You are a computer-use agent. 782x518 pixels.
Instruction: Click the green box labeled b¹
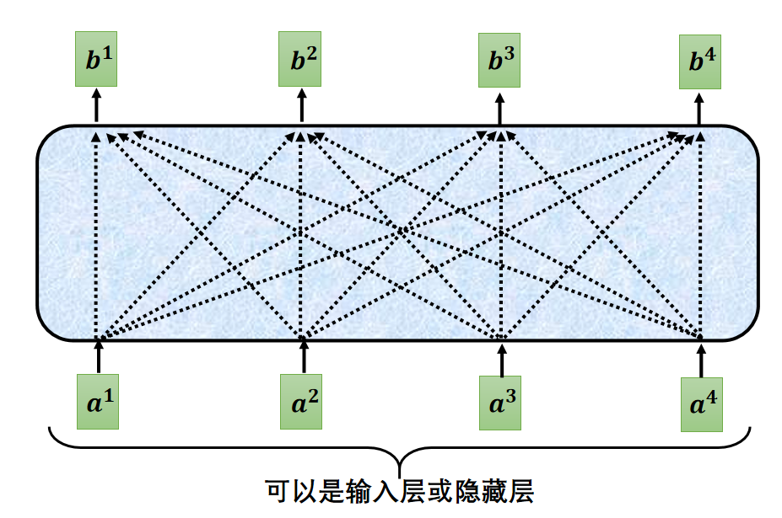(x=95, y=61)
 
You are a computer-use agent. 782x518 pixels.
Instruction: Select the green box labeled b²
(x=300, y=61)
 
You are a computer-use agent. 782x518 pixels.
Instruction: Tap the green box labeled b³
(x=499, y=61)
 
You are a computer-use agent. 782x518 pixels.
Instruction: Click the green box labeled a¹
(x=98, y=403)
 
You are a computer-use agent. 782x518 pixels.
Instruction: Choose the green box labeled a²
(x=302, y=403)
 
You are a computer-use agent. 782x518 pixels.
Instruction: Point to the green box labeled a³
(x=499, y=403)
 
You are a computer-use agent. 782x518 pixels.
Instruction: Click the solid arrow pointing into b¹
(x=95, y=106)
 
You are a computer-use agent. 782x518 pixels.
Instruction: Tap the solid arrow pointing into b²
(x=301, y=106)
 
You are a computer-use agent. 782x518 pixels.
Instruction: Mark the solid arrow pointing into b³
(x=499, y=106)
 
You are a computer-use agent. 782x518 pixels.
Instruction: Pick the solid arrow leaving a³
(x=501, y=360)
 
